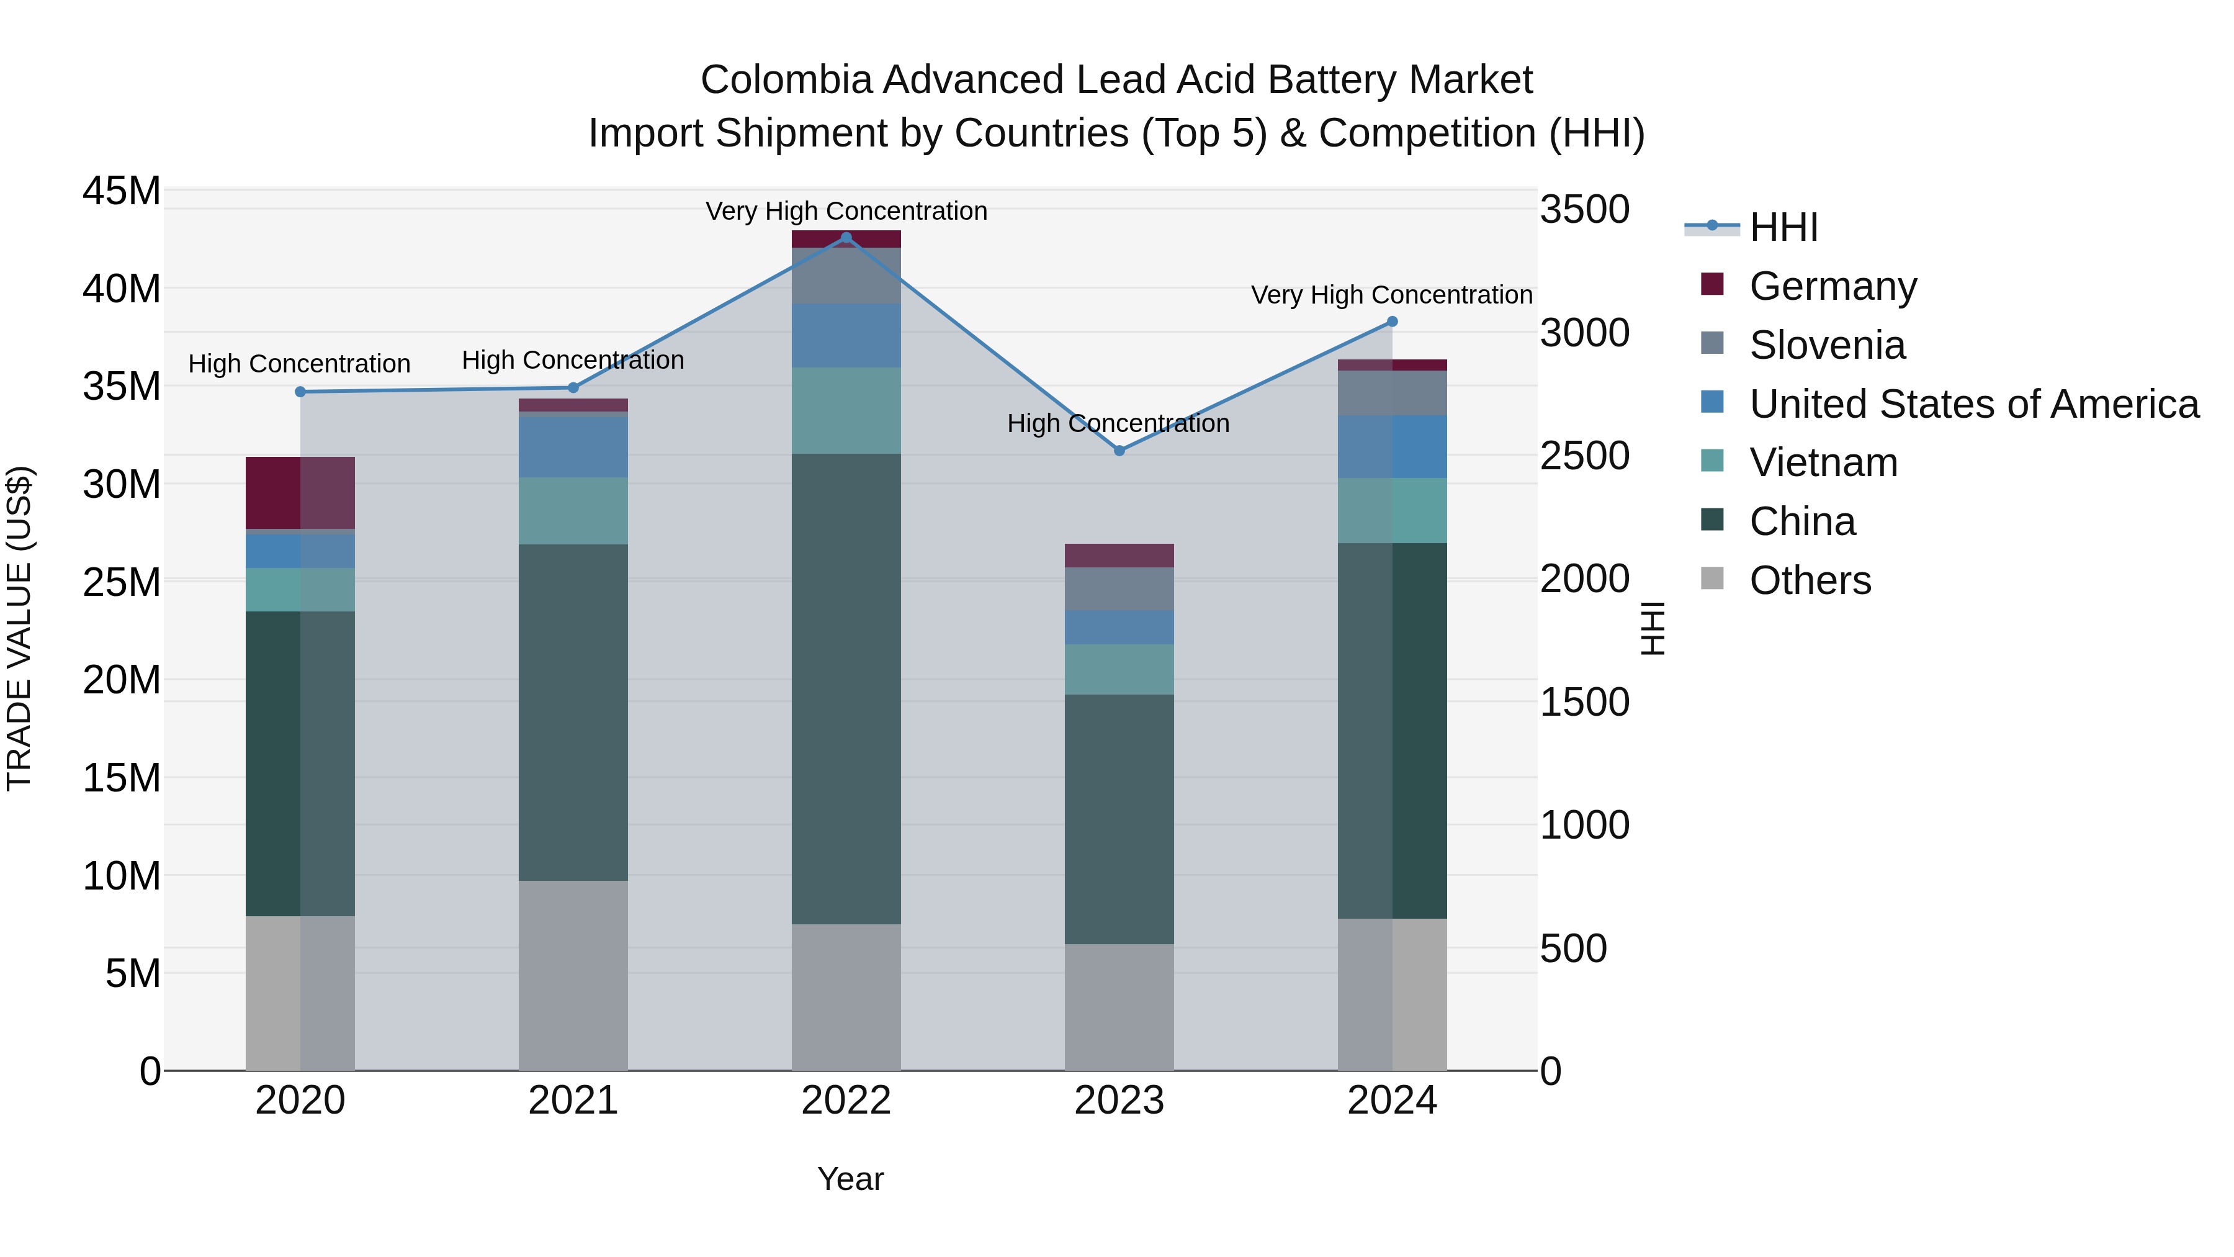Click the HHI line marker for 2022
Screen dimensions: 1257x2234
(846, 238)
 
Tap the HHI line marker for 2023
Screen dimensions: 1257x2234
(1119, 450)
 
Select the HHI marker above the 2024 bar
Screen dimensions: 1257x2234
(1392, 322)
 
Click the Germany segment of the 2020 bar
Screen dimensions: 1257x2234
(300, 493)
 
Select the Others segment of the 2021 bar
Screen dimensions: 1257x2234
(573, 975)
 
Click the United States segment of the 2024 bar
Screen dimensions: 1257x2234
(1392, 447)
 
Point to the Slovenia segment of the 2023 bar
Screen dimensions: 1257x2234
(1119, 588)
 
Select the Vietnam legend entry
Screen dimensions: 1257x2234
(1823, 462)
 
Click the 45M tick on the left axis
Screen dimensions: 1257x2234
(122, 191)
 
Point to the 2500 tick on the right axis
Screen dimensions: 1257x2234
(1584, 456)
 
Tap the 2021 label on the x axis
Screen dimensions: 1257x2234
(573, 1101)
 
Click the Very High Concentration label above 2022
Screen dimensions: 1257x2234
(846, 211)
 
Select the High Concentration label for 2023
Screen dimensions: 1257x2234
(1118, 423)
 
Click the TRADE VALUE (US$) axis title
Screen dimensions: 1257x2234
(19, 628)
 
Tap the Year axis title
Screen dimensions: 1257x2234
(850, 1179)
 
